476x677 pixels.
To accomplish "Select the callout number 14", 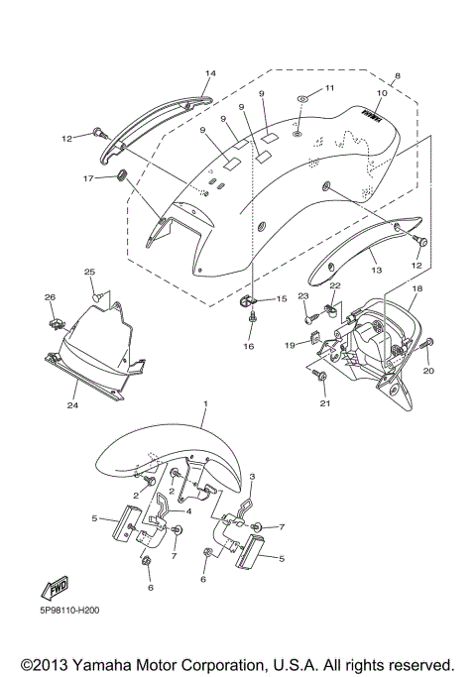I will (209, 74).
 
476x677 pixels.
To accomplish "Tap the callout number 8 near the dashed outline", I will (397, 76).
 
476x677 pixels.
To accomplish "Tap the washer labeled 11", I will (301, 101).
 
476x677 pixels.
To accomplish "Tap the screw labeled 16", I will (253, 318).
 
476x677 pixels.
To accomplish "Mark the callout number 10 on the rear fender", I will (380, 94).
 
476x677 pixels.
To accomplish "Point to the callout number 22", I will (334, 284).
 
